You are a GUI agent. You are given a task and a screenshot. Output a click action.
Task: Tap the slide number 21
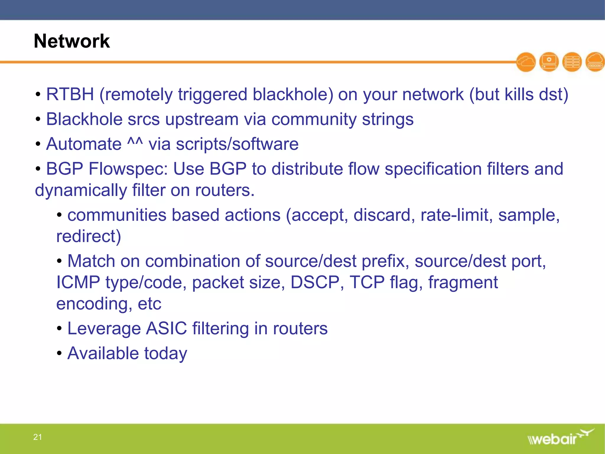pos(38,437)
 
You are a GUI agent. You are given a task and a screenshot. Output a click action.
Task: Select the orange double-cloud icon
pos(526,62)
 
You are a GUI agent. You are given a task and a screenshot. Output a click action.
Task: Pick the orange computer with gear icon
pos(549,62)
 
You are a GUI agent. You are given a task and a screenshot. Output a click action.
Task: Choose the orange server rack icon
pos(572,62)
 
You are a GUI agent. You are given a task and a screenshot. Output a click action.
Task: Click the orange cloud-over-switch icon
pos(595,62)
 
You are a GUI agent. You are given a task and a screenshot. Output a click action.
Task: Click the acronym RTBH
pos(70,95)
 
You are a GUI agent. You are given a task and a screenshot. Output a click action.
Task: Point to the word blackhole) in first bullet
pos(293,95)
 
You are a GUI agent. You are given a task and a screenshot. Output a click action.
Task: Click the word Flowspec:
pos(128,169)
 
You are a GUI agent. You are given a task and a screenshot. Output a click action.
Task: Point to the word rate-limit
pos(457,215)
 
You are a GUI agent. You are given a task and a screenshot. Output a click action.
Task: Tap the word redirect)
pos(89,236)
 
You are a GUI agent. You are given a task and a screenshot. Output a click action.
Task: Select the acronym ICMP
pos(78,282)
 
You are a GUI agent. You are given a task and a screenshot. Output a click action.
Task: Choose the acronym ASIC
pos(167,328)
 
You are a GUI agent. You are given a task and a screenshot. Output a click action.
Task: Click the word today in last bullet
pos(165,354)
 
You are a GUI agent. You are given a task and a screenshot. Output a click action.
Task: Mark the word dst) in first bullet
pos(553,95)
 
